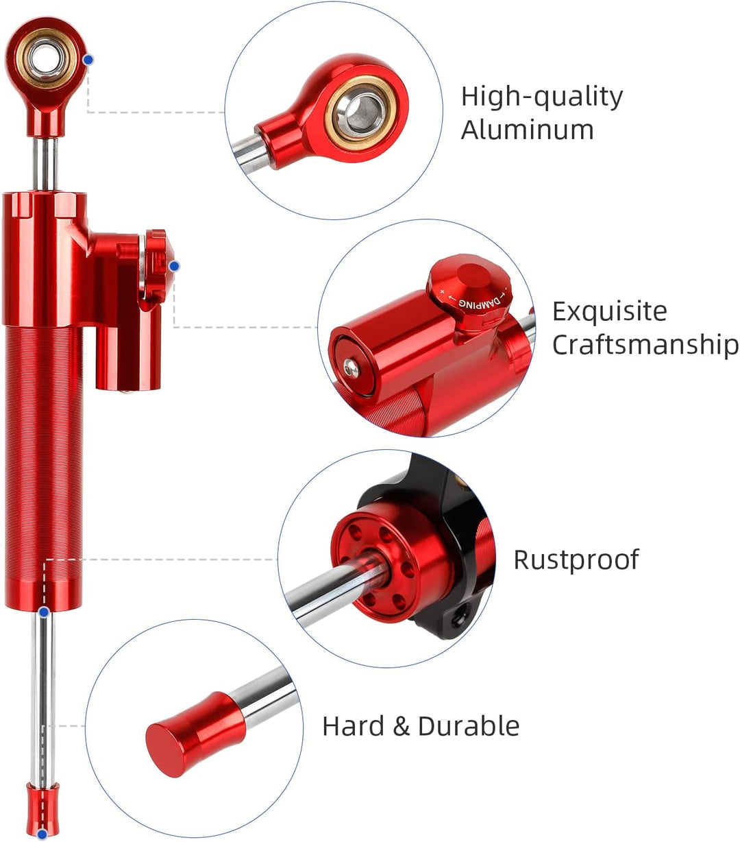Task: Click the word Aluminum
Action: click(527, 130)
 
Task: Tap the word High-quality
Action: click(541, 97)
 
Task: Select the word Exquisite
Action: click(609, 311)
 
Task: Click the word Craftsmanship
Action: click(645, 344)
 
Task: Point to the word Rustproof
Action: click(576, 560)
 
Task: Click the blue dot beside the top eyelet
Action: click(88, 60)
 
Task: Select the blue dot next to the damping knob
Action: click(174, 265)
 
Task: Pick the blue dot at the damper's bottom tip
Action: click(42, 834)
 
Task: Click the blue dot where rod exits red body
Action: click(44, 611)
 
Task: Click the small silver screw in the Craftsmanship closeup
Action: click(351, 369)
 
